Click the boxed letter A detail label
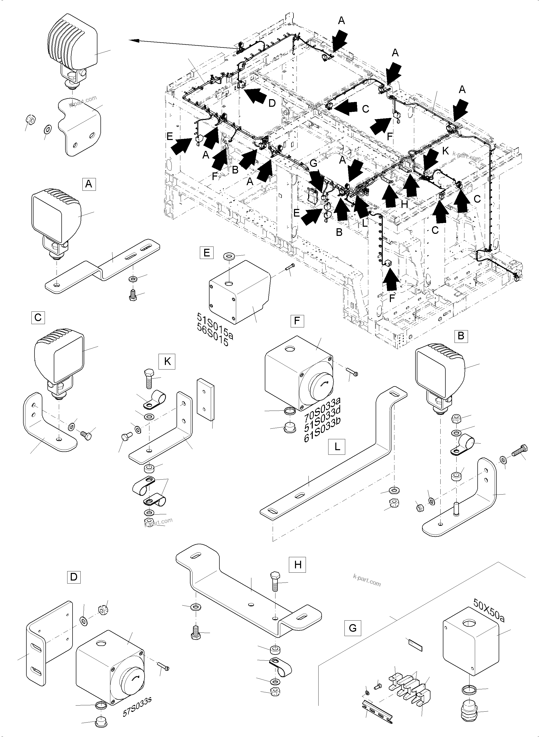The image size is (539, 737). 89,184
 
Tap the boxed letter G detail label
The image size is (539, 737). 353,628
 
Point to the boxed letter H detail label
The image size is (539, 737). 298,564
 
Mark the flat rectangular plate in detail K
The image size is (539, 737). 205,399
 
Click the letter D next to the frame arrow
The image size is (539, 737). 272,103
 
